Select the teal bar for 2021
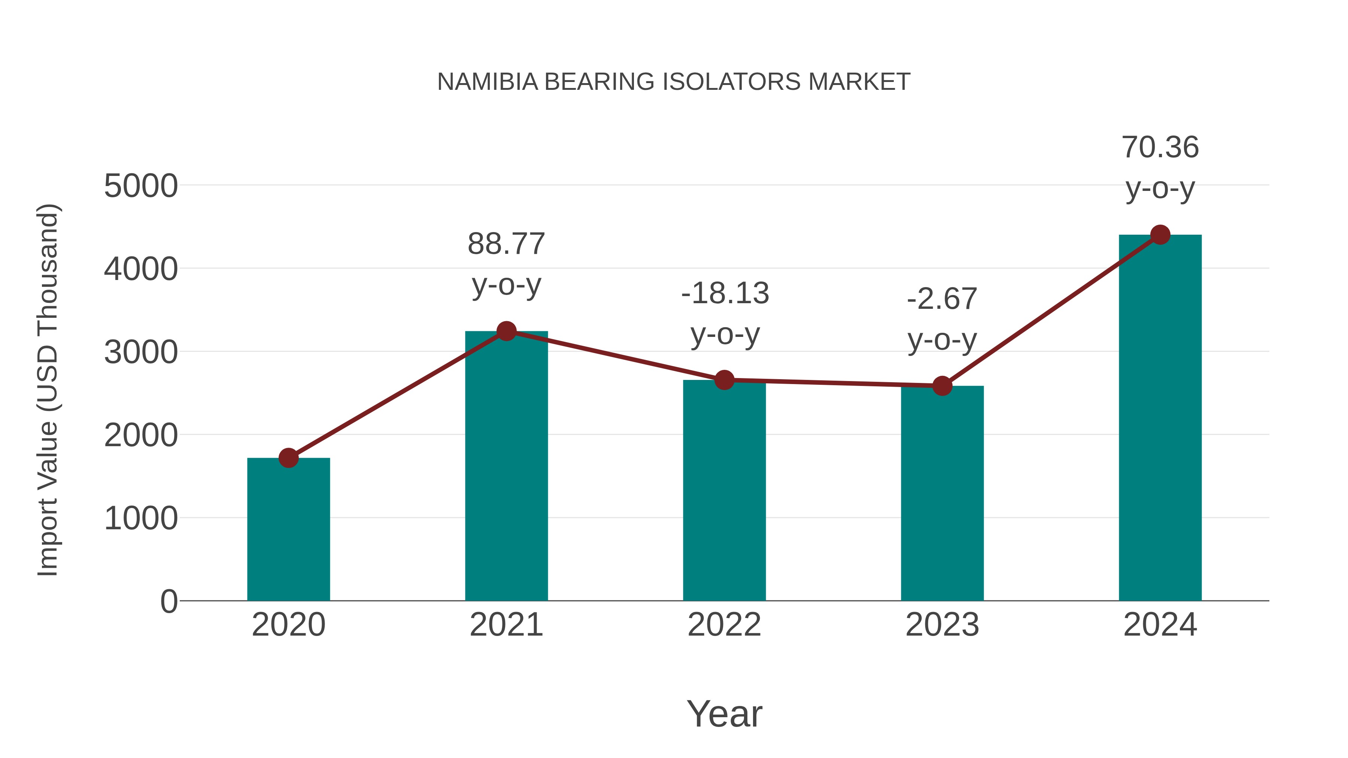(506, 466)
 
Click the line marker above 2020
(288, 458)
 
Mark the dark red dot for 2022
(724, 380)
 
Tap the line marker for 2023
(942, 386)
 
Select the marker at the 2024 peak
(1160, 235)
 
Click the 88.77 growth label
(506, 244)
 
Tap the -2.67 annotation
(942, 299)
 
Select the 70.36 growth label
(1160, 147)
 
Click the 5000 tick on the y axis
(141, 186)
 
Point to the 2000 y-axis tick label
(141, 435)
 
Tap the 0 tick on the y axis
(168, 602)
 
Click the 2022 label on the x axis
(724, 625)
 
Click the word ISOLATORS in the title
(731, 82)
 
